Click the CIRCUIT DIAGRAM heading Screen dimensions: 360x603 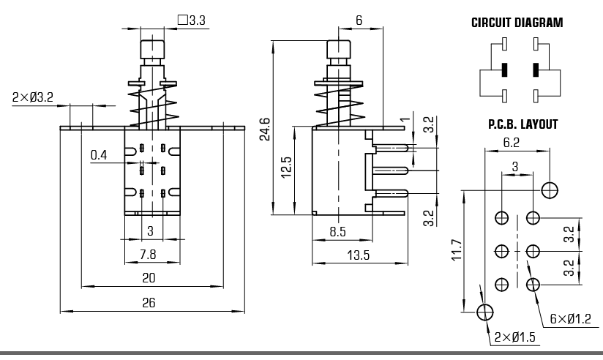[517, 23]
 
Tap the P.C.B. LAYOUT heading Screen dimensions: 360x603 [523, 124]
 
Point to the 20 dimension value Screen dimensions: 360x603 [149, 277]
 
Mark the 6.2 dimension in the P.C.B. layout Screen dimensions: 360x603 [512, 143]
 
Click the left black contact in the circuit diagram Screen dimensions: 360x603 [503, 71]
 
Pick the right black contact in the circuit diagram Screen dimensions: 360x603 [536, 71]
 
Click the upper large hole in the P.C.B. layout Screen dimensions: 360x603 [550, 190]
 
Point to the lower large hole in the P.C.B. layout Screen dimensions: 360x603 [484, 312]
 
